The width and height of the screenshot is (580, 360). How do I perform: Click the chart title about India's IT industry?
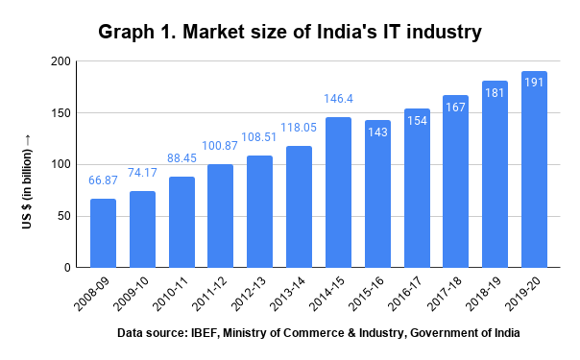(x=289, y=33)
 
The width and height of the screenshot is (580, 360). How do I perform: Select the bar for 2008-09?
(x=103, y=232)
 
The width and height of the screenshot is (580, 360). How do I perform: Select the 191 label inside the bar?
(x=534, y=83)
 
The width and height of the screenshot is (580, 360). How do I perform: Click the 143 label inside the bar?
(x=377, y=132)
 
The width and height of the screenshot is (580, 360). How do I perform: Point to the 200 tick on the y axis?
(x=60, y=61)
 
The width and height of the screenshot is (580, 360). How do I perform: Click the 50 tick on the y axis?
(x=63, y=216)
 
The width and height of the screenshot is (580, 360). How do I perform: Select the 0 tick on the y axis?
(x=67, y=267)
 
